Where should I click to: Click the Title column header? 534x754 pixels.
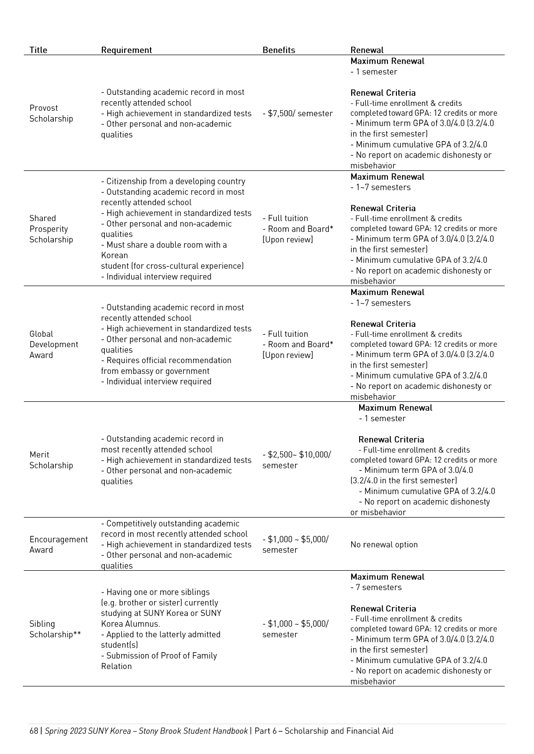(x=38, y=50)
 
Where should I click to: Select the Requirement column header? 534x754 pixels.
(x=126, y=50)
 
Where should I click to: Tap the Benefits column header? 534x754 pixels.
(x=278, y=50)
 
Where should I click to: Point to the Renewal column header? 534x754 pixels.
(x=367, y=50)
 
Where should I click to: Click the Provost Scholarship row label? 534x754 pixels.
(x=51, y=113)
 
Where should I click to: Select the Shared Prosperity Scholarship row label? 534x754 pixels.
(x=51, y=229)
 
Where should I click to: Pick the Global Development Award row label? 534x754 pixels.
(x=53, y=344)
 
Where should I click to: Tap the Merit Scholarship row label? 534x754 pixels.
(x=51, y=460)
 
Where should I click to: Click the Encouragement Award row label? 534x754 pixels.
(x=58, y=544)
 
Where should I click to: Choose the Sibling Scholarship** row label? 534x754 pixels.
(x=55, y=629)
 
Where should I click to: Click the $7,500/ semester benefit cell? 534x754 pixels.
(x=297, y=113)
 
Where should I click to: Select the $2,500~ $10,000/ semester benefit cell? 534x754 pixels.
(x=296, y=460)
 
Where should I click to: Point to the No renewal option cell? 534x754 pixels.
(x=383, y=544)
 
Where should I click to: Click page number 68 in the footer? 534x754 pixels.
(x=33, y=731)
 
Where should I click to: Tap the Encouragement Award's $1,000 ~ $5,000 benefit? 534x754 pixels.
(x=295, y=544)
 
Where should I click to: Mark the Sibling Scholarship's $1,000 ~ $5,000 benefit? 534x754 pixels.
(x=295, y=629)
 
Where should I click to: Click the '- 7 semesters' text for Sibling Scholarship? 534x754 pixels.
(x=376, y=587)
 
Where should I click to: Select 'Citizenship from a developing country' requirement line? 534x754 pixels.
(x=173, y=181)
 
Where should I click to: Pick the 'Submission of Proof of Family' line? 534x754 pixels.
(x=159, y=656)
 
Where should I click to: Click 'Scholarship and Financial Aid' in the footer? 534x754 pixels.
(x=339, y=731)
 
